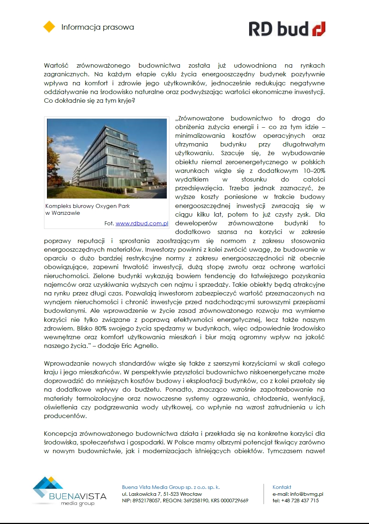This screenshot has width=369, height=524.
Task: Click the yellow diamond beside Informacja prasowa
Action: tap(49, 27)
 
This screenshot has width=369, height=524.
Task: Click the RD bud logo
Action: tap(287, 29)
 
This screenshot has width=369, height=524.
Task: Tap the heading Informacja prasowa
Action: tap(97, 27)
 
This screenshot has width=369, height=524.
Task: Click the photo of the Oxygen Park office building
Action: tap(107, 158)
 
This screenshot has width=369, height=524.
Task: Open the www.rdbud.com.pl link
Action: tap(142, 223)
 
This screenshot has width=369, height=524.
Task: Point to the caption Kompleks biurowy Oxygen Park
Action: tap(87, 206)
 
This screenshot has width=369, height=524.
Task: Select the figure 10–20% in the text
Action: tap(314, 171)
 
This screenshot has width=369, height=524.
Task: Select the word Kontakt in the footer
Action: tap(282, 487)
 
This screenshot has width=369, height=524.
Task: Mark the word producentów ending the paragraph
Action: tap(65, 416)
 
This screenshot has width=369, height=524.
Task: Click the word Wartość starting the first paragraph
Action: tap(56, 65)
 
